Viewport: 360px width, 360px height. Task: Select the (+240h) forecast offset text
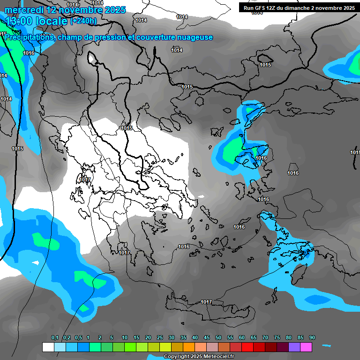pos(83,21)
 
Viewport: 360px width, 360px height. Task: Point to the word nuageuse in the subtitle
pos(195,37)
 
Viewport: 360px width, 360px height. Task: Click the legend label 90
pos(312,338)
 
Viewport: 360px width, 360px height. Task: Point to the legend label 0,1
pos(55,338)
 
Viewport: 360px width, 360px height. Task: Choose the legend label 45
pos(207,338)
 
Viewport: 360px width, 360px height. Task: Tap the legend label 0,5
pos(78,338)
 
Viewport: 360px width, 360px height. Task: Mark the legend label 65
pos(254,338)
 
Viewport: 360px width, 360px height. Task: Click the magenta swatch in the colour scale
pos(306,347)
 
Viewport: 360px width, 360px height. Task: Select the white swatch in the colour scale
pos(48,347)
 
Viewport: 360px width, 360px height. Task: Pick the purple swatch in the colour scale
pos(294,347)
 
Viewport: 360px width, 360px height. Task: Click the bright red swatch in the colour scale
pos(247,347)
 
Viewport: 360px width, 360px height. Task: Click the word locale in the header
pos(52,21)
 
